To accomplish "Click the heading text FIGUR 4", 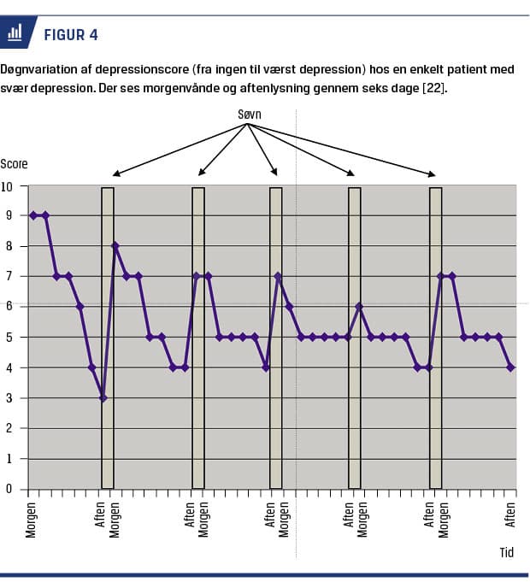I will click(x=69, y=35).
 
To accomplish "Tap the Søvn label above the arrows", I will click(x=248, y=114).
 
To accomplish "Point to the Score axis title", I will click(x=14, y=163).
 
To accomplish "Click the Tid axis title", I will click(x=507, y=552).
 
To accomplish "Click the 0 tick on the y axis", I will click(x=10, y=490).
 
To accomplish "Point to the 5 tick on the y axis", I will click(x=10, y=338).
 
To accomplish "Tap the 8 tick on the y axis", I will click(x=10, y=246).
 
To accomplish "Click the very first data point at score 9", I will click(x=33, y=215).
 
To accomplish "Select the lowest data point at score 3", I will click(x=103, y=397).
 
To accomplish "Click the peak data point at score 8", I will click(x=115, y=246).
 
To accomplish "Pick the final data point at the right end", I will click(x=511, y=367).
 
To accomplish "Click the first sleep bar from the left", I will click(x=108, y=338).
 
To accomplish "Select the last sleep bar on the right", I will click(x=435, y=338).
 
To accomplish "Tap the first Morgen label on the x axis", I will click(x=31, y=517).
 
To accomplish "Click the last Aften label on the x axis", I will click(x=511, y=514).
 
